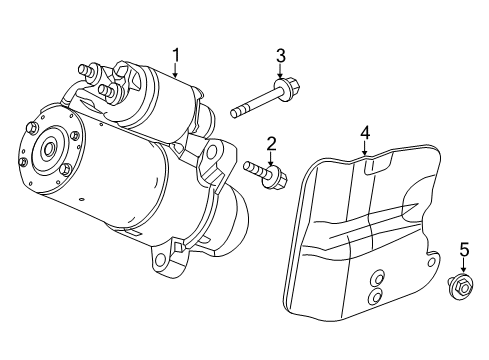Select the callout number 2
click(x=271, y=143)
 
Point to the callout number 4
click(x=365, y=132)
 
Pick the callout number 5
click(x=463, y=249)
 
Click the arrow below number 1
click(x=175, y=70)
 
